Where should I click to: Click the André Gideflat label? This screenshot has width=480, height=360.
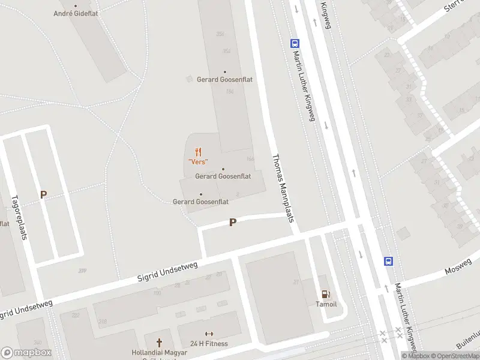(76, 13)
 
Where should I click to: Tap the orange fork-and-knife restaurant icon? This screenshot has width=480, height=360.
(198, 152)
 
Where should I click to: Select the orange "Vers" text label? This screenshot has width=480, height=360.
(198, 161)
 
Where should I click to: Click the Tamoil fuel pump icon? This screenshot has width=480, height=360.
(326, 294)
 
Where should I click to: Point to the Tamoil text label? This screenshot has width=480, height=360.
(326, 304)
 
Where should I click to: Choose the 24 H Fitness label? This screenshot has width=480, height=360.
(209, 344)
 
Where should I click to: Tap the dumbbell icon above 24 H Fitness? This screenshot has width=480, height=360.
(209, 334)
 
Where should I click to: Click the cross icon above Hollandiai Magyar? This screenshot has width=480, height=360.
(160, 342)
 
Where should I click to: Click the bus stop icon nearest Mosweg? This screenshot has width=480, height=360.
(389, 261)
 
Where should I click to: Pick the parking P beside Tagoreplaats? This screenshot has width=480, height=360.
(43, 194)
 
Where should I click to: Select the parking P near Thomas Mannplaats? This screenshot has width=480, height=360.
(233, 222)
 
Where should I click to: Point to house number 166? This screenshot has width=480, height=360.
(250, 159)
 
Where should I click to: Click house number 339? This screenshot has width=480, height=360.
(82, 271)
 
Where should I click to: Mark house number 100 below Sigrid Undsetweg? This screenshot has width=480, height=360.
(157, 293)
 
